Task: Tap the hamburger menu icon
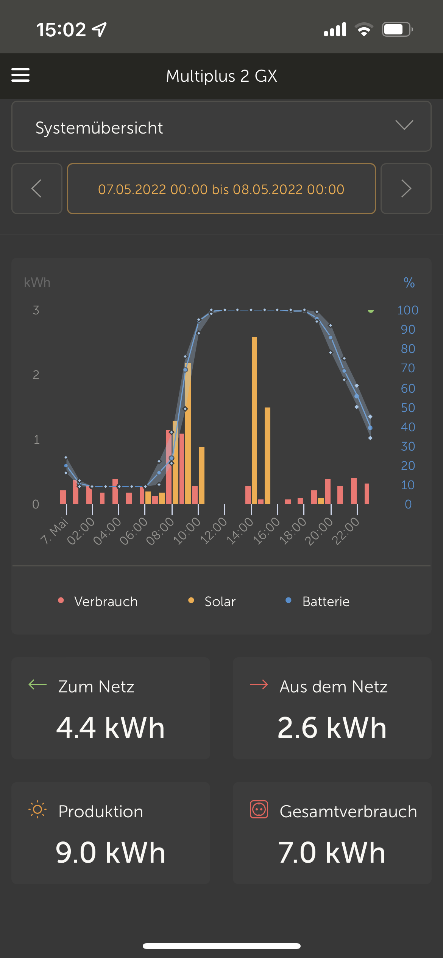[20, 75]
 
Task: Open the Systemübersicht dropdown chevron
[404, 125]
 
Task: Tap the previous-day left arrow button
[37, 188]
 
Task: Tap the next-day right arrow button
[406, 188]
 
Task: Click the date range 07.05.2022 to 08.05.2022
[221, 189]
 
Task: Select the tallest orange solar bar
[254, 420]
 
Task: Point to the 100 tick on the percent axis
[408, 310]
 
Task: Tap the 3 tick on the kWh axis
[36, 310]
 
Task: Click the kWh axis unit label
[37, 283]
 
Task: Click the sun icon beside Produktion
[37, 810]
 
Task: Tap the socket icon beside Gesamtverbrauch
[259, 810]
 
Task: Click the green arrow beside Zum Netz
[37, 684]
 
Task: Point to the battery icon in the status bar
[397, 30]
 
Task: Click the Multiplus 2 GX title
[221, 76]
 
